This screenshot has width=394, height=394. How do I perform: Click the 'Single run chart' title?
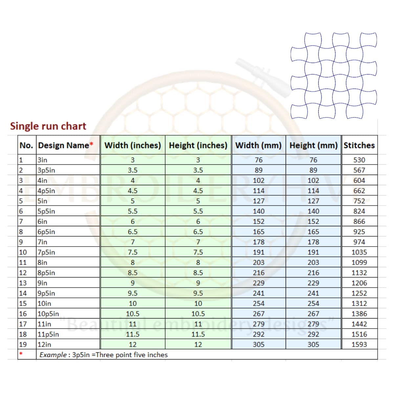48,126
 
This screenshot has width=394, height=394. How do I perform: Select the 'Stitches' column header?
359,145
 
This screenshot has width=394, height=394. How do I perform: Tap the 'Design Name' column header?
65,145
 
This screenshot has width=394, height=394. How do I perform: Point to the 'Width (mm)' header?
258,145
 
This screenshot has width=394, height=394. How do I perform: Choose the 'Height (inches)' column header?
198,145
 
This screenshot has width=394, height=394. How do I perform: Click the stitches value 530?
359,160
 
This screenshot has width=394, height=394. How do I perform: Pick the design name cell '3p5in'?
46,170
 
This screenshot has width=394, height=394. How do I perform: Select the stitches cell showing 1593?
359,344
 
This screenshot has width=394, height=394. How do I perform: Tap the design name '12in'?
44,344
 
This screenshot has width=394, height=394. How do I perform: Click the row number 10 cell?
23,252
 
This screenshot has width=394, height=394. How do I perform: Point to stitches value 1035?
359,252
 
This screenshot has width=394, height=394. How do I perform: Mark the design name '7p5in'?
46,252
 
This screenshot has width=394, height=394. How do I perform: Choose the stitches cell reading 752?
359,201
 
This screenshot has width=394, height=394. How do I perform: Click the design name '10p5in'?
48,314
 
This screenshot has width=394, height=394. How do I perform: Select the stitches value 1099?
359,262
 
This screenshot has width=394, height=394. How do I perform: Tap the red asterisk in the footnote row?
21,354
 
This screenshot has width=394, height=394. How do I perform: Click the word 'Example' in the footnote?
53,355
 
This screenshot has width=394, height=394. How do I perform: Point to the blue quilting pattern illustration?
334,76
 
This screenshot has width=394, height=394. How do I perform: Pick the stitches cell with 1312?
359,303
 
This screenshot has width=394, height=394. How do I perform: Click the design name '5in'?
42,201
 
